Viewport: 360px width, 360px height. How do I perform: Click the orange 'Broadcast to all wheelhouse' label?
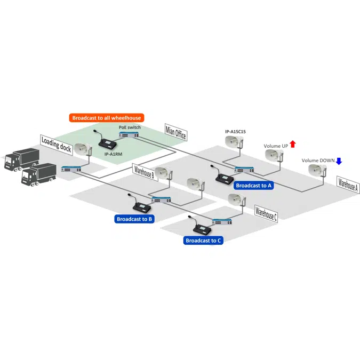(107, 117)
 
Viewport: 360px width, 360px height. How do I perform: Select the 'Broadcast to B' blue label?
(135, 219)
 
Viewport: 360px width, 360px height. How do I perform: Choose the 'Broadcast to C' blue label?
(203, 241)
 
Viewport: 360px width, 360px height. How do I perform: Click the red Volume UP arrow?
(293, 145)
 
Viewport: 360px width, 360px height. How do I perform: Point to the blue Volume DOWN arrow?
(338, 161)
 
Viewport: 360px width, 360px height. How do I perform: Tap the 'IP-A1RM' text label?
(114, 154)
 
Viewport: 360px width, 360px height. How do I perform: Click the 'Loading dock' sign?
(56, 144)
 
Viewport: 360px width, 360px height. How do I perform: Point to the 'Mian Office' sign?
(176, 132)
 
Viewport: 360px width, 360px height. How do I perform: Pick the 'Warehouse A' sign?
(348, 184)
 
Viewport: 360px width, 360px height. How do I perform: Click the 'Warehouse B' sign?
(144, 173)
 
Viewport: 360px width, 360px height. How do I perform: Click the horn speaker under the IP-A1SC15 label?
(235, 142)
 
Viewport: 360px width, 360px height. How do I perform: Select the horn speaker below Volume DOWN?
(318, 171)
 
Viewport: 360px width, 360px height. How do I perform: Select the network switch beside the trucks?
(71, 169)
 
